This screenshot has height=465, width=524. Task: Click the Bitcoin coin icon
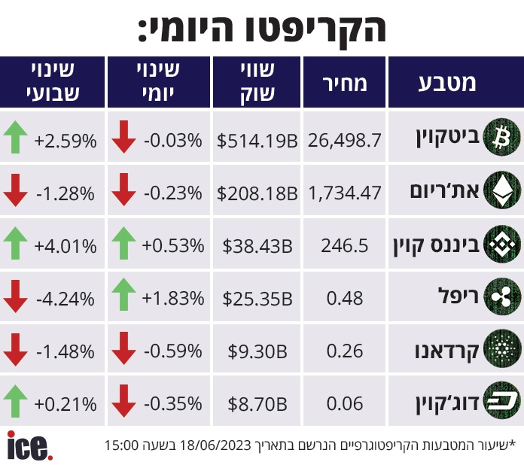(502, 137)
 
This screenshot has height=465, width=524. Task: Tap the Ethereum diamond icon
(502, 190)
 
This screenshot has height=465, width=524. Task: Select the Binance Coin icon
(502, 244)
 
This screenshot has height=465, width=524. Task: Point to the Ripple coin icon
(502, 296)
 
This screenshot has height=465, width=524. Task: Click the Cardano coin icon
(502, 349)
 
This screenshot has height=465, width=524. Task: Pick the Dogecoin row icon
(502, 401)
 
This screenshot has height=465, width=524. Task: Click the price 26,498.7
(345, 140)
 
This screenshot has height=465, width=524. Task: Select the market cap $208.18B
(257, 193)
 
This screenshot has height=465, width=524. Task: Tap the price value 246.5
(345, 246)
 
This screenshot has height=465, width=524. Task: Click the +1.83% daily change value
(172, 298)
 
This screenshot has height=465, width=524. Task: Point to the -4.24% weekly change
(65, 299)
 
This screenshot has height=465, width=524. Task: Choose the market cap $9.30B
(257, 351)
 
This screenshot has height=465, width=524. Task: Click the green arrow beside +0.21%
(15, 401)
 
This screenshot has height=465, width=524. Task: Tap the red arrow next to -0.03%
(123, 137)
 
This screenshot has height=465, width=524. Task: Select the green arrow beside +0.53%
(123, 243)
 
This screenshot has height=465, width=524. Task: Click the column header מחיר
(345, 83)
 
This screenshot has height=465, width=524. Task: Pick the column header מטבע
(447, 83)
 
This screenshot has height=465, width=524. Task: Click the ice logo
(29, 445)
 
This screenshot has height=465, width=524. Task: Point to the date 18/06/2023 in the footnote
(215, 445)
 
